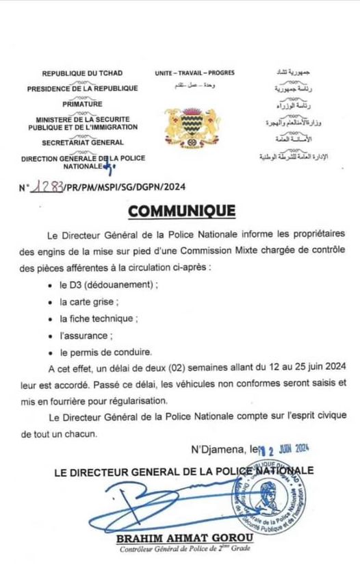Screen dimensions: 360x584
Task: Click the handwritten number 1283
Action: coord(45,186)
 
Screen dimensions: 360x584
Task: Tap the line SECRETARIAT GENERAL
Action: coord(82,142)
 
